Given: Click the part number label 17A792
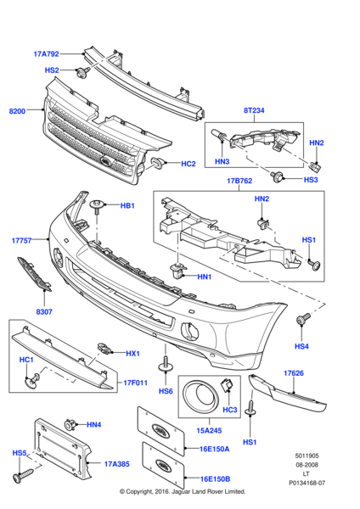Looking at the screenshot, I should tap(47, 54).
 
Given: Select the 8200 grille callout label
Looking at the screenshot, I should tap(17, 111).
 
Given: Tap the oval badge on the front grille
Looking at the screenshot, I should tap(103, 162).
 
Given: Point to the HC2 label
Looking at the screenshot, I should tap(188, 163).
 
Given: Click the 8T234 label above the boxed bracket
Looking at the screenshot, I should tap(256, 109).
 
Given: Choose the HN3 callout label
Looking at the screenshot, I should tap(222, 161).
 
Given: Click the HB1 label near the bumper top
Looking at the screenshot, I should tap(127, 206).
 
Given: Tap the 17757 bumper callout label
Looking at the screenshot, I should tap(22, 240).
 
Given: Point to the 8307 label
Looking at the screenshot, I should tap(44, 311).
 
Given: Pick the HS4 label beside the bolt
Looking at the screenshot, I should tap(301, 346).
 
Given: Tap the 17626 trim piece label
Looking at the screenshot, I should tap(294, 372).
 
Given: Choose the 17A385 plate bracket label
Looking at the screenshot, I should tap(118, 464).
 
